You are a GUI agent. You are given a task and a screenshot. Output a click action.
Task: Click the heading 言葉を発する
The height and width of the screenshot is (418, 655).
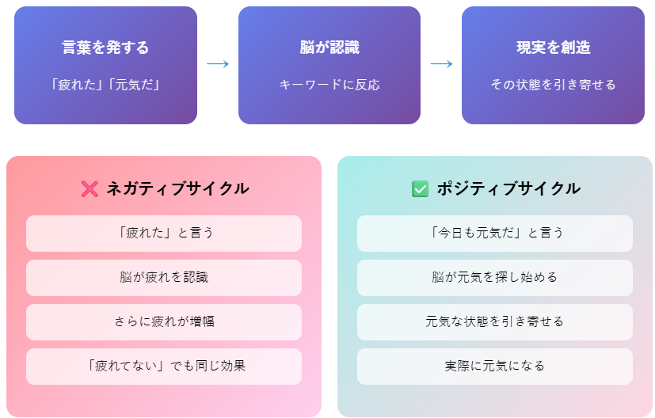(105, 47)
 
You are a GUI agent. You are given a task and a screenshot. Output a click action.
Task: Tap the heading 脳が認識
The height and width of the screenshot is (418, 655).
(329, 47)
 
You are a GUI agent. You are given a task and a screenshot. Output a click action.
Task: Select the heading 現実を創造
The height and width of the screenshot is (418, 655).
(553, 47)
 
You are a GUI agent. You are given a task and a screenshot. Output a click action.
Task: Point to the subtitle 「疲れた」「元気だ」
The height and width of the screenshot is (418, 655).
(105, 85)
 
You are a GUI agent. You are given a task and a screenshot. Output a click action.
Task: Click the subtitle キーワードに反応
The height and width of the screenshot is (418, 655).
(329, 85)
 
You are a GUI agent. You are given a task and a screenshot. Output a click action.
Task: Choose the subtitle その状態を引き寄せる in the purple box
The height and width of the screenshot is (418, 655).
(553, 85)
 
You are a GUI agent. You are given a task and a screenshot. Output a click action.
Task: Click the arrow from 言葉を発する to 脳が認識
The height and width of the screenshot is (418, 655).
(218, 64)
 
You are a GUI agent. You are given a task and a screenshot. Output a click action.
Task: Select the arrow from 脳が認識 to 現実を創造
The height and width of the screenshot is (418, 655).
(441, 64)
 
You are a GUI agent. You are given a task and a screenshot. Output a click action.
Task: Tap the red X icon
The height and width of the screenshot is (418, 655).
(89, 188)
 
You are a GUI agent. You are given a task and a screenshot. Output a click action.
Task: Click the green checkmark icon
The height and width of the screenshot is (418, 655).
(420, 188)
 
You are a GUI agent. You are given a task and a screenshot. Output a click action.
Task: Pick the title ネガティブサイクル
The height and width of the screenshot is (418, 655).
(177, 188)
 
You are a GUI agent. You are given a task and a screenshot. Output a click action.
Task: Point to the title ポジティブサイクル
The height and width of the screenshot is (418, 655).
(508, 188)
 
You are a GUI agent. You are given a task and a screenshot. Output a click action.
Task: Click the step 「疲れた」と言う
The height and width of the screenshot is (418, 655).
(164, 233)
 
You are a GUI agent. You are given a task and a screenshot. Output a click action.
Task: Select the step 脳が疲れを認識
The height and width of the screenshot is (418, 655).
(164, 277)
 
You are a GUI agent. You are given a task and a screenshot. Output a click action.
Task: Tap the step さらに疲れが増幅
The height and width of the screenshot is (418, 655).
(164, 321)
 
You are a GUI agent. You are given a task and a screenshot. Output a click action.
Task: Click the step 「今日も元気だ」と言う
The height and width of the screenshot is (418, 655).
(494, 233)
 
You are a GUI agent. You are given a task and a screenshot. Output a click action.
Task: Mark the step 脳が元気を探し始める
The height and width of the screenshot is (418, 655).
(494, 277)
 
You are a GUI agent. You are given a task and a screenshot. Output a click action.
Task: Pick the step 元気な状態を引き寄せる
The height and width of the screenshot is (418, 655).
(494, 321)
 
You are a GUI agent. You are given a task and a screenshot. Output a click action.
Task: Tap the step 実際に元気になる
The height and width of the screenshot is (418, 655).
(494, 367)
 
